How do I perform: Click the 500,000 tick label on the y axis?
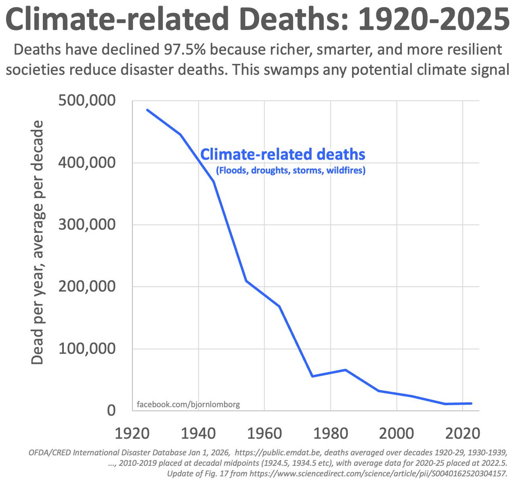pyautogui.click(x=87, y=101)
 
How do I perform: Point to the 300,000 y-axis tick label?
pyautogui.click(x=87, y=225)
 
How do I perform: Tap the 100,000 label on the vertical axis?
pyautogui.click(x=87, y=349)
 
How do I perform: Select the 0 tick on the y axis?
pyautogui.click(x=111, y=410)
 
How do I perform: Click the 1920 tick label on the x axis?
pyautogui.click(x=132, y=433)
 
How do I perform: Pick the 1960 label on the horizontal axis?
pyautogui.click(x=264, y=433)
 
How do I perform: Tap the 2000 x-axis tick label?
pyautogui.click(x=397, y=433)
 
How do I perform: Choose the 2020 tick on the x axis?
pyautogui.click(x=463, y=433)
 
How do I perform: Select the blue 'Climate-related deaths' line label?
pyautogui.click(x=283, y=154)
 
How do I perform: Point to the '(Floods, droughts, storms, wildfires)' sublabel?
pyautogui.click(x=290, y=171)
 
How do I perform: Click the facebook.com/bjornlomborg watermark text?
pyautogui.click(x=188, y=404)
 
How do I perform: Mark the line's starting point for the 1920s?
pyautogui.click(x=147, y=110)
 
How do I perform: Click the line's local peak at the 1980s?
pyautogui.click(x=345, y=370)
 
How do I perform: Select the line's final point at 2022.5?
pyautogui.click(x=471, y=403)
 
